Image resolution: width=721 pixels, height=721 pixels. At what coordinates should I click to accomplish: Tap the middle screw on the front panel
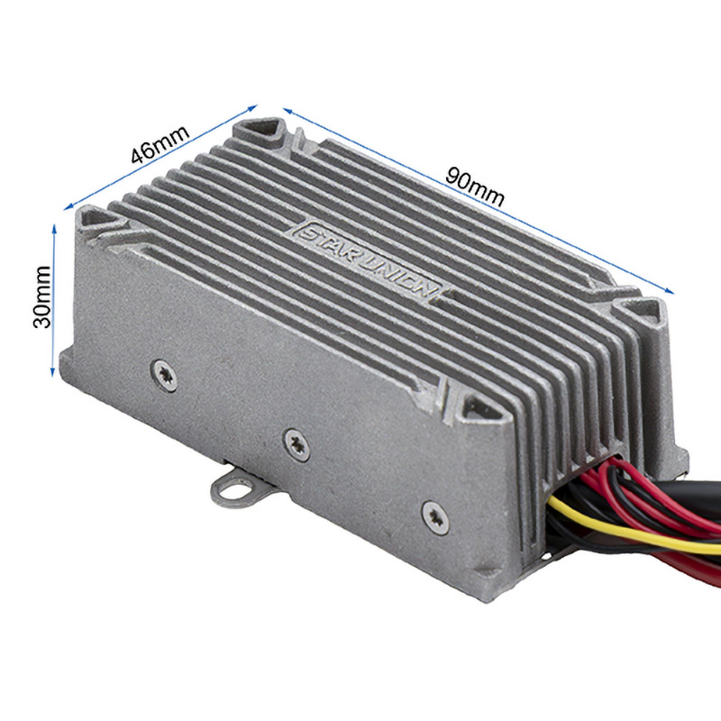(296, 440)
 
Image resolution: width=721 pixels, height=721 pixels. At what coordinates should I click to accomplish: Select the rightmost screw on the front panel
(433, 513)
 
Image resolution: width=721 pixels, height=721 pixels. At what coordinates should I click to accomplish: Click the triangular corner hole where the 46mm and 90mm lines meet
(269, 133)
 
